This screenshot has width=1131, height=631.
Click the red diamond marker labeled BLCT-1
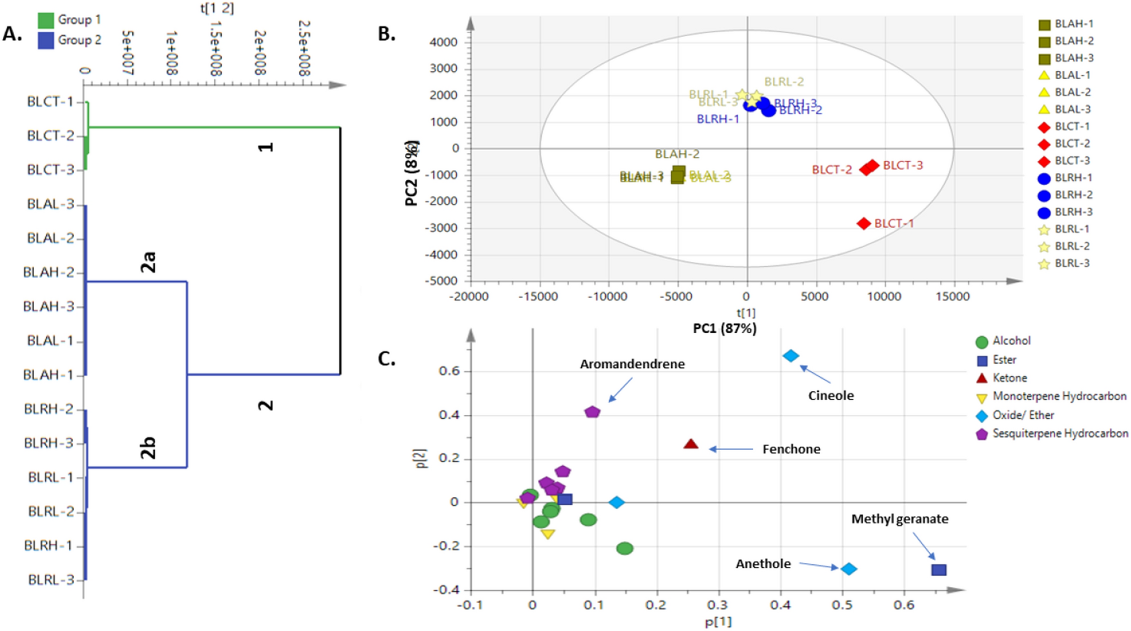pyautogui.click(x=864, y=224)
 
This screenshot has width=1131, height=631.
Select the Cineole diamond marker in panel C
pyautogui.click(x=791, y=356)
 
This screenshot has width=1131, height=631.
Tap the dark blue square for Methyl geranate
pyautogui.click(x=938, y=569)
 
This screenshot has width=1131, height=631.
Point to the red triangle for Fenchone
pyautogui.click(x=691, y=444)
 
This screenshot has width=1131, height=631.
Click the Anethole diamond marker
pyautogui.click(x=849, y=569)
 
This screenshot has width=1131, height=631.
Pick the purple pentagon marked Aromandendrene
pyautogui.click(x=592, y=412)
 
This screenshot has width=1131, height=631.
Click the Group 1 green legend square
pyautogui.click(x=46, y=20)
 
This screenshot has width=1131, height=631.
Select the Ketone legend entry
pyautogui.click(x=1009, y=378)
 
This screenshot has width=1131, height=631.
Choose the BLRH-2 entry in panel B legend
pyautogui.click(x=1073, y=195)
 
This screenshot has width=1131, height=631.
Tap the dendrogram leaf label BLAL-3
pyautogui.click(x=51, y=204)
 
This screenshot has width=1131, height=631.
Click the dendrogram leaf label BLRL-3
pyautogui.click(x=51, y=580)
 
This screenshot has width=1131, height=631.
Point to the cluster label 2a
pyautogui.click(x=148, y=262)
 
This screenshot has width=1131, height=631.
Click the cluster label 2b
pyautogui.click(x=148, y=448)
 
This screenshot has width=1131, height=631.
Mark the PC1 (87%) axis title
pyautogui.click(x=724, y=329)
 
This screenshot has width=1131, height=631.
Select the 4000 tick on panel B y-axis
pyautogui.click(x=444, y=42)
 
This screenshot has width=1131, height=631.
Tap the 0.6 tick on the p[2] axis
pyautogui.click(x=448, y=371)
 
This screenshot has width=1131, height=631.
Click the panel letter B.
pyautogui.click(x=387, y=34)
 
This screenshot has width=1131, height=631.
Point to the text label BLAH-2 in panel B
pyautogui.click(x=677, y=154)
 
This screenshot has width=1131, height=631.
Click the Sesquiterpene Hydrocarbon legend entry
pyautogui.click(x=1060, y=434)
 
